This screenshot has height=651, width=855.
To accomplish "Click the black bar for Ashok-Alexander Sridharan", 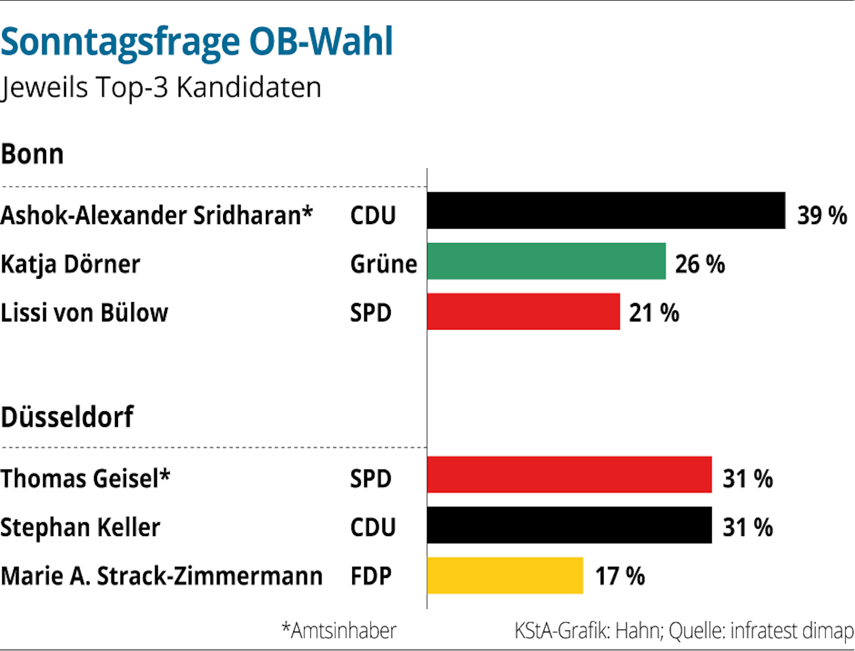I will tap(606, 210).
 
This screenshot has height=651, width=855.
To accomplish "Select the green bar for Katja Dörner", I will tap(546, 261).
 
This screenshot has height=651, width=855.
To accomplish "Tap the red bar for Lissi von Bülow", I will tap(523, 312).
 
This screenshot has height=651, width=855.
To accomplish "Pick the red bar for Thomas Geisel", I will tap(569, 474).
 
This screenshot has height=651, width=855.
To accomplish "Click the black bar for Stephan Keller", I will tap(569, 525).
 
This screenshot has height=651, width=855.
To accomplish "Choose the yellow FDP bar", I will tap(505, 575).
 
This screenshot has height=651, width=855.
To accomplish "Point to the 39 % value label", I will tap(822, 215).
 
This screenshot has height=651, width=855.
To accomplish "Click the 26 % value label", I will tap(700, 264).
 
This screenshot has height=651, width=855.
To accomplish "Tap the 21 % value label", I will tap(654, 312).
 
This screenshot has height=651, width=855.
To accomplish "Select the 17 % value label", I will tap(620, 576).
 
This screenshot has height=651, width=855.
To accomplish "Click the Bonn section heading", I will tap(32, 154).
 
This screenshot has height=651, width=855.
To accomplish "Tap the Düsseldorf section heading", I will tap(67, 417).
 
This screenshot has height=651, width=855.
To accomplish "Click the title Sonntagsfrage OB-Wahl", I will tap(197, 42).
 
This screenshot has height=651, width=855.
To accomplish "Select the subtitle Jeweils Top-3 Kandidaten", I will tap(161, 88).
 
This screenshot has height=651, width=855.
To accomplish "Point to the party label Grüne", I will tap(383, 264).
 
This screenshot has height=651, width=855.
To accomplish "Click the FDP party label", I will tap(371, 576).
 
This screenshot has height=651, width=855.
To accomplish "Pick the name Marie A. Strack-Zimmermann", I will tap(162, 576).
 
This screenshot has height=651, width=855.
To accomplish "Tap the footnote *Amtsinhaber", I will tap(339, 630).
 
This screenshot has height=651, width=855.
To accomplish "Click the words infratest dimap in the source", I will tap(792, 630).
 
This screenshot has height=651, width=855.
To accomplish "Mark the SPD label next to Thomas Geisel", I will tap(371, 478).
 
